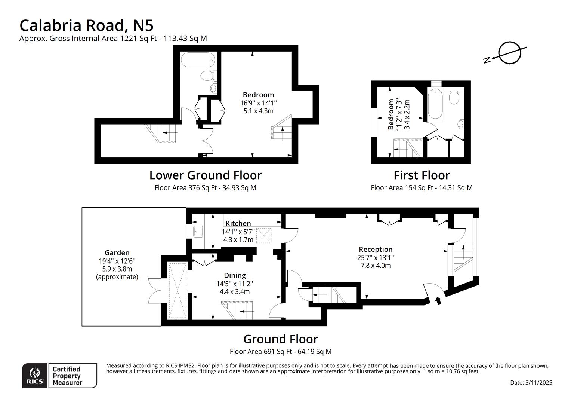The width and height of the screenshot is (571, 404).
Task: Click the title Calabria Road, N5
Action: click(86, 25)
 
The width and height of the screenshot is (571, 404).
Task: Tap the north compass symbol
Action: click(509, 53)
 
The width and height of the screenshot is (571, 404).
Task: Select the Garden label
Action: click(117, 253)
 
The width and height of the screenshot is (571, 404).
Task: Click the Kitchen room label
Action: click(238, 223)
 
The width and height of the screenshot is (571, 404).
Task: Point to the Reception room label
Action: click(376, 249)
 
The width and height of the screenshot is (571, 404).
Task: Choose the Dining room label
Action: click(235, 275)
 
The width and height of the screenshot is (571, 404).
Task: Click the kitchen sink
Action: click(198, 232)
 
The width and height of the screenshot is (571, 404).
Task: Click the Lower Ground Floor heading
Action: click(206, 175)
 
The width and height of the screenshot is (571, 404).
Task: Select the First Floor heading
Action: click(422, 175)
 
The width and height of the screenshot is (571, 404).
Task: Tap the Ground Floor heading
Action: click(280, 339)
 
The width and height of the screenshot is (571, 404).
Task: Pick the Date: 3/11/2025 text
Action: click(531, 382)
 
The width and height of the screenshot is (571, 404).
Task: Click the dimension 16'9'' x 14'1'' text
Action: click(258, 103)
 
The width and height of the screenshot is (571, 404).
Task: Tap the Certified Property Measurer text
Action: click(67, 376)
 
